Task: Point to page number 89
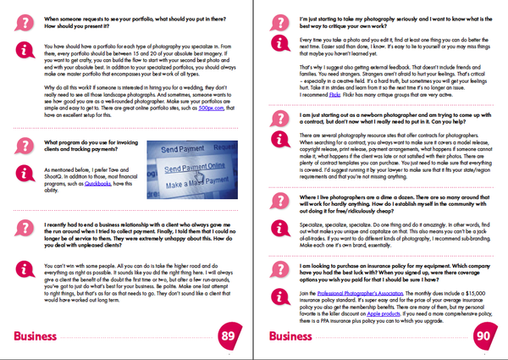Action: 228,336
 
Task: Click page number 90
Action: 483,336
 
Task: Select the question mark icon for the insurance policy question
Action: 280,269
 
